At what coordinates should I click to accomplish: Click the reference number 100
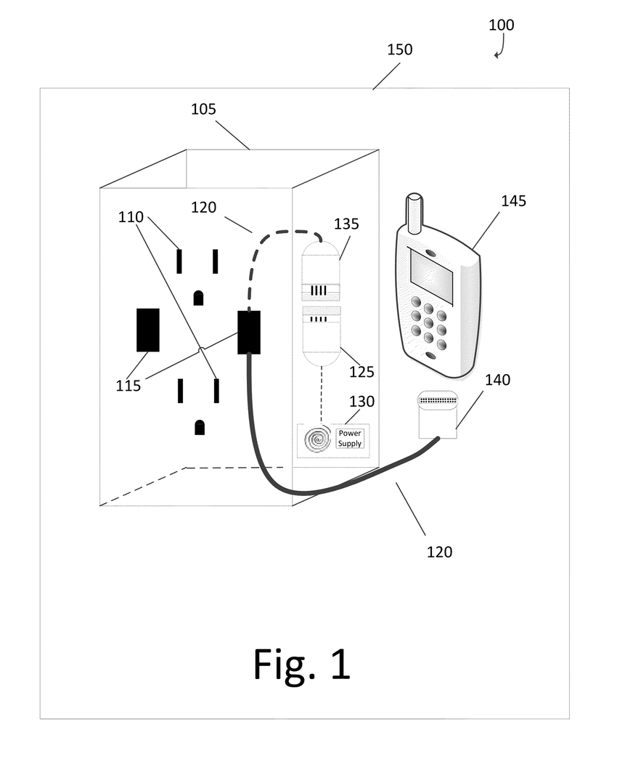(x=501, y=25)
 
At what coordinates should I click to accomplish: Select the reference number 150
(x=399, y=49)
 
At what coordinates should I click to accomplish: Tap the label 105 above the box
(x=203, y=109)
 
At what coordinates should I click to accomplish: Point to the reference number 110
(x=131, y=216)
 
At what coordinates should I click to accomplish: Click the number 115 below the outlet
(x=128, y=386)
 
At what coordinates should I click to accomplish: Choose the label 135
(x=346, y=224)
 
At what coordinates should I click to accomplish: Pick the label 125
(x=361, y=372)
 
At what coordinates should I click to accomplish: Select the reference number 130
(x=362, y=402)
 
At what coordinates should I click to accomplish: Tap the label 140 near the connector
(x=497, y=379)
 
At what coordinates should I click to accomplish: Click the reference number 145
(x=512, y=200)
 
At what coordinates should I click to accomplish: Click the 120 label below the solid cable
(x=439, y=552)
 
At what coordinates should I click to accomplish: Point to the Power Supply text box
(x=350, y=438)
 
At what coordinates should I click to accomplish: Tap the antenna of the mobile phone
(x=414, y=213)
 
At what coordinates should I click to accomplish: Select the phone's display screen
(x=431, y=276)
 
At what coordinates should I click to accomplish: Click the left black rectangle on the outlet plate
(x=148, y=330)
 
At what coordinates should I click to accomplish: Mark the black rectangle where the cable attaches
(x=249, y=332)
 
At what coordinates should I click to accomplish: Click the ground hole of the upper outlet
(x=197, y=297)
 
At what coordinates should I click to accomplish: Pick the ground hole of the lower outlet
(x=200, y=427)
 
